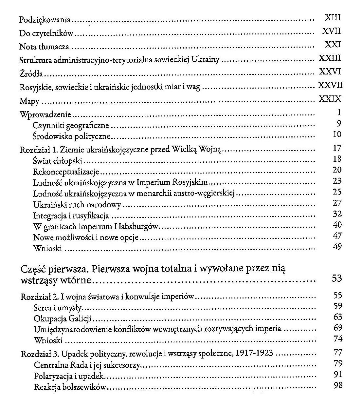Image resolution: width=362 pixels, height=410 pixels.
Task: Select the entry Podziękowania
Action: [x=45, y=20]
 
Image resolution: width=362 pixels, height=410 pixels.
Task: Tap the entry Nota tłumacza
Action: [x=44, y=47]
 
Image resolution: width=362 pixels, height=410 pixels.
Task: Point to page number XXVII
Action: [x=330, y=85]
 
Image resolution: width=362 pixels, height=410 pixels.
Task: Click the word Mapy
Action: [x=29, y=101]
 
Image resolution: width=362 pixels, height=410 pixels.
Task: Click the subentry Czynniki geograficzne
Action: [x=71, y=125]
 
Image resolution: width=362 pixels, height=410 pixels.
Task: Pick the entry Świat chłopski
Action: [x=58, y=161]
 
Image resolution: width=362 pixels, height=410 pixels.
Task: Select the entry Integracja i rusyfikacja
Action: [x=71, y=216]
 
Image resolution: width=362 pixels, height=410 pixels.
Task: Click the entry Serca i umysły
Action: [x=57, y=308]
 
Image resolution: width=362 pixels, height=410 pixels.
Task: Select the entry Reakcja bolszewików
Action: [x=70, y=387]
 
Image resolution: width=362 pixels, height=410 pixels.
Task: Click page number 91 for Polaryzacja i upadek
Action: [x=338, y=374]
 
